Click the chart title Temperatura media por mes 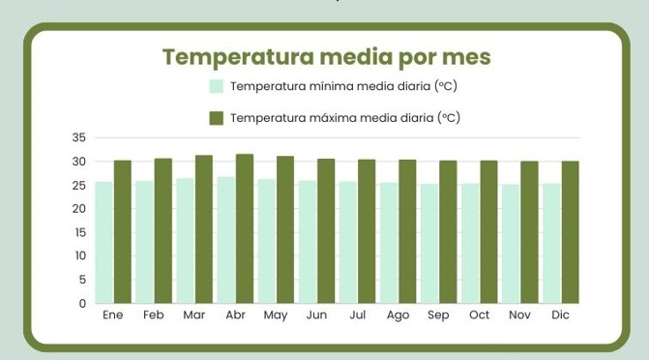[x=326, y=56]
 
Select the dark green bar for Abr [x=245, y=228]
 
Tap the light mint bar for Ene [x=103, y=242]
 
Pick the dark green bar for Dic [x=571, y=232]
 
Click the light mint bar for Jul [x=347, y=242]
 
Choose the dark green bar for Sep [x=449, y=232]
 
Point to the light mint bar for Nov [x=510, y=244]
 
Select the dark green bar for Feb [x=163, y=231]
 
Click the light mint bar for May [x=266, y=241]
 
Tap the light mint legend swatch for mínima [x=217, y=86]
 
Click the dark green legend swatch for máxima [x=217, y=118]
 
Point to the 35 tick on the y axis [x=79, y=137]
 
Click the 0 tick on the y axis [x=83, y=304]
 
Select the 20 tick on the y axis [x=79, y=209]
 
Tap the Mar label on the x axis [x=194, y=316]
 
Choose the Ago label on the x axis [x=398, y=316]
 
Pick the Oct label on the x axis [x=480, y=316]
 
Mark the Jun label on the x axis [x=316, y=316]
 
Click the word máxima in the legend [x=334, y=118]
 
